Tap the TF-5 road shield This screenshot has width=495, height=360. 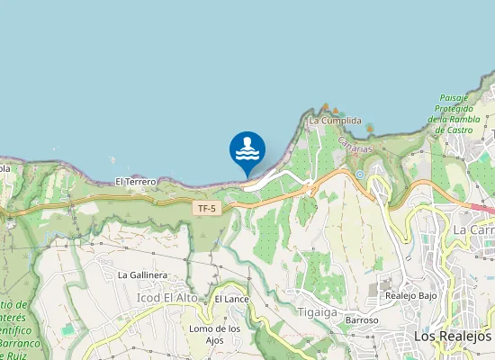pos(207,209)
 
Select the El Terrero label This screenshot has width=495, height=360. pos(136,182)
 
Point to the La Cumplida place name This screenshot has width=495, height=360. pos(335,121)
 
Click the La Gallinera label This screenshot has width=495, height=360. pos(143,274)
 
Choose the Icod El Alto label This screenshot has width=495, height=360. pos(166,298)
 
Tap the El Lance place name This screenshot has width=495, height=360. pos(231,298)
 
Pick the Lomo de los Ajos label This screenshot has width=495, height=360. pos(214,334)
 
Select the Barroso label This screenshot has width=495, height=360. pos(361,320)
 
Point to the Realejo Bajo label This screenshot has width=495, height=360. pos(410,295)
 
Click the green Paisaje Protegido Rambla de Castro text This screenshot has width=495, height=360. pos(463,113)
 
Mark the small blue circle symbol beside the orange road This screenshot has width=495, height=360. pos(359,175)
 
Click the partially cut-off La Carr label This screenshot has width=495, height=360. pos(473,229)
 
